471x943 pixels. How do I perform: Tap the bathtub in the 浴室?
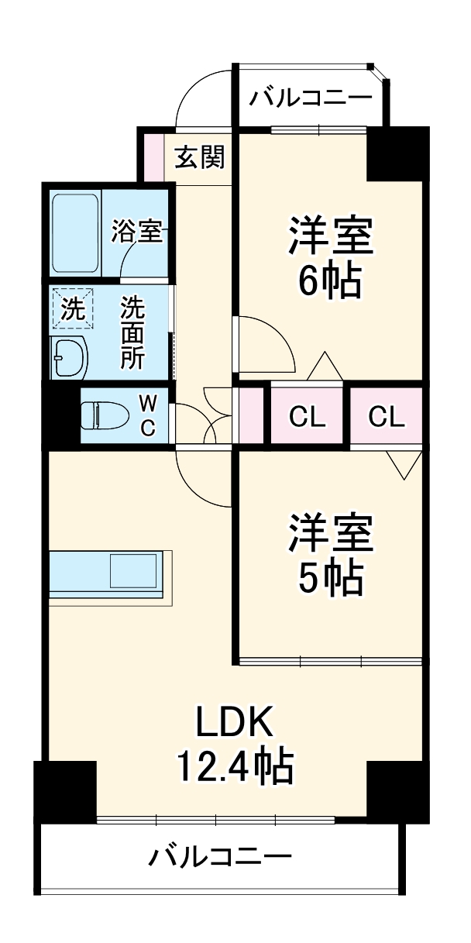click(x=75, y=233)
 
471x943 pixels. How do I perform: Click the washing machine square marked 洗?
click(x=72, y=310)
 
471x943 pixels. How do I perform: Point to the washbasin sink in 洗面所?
click(x=69, y=357)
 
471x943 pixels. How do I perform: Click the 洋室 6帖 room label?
click(x=331, y=258)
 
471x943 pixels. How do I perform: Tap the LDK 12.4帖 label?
click(x=234, y=744)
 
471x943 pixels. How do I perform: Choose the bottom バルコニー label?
click(x=221, y=857)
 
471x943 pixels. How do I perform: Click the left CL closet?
click(x=308, y=417)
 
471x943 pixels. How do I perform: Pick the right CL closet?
click(x=387, y=417)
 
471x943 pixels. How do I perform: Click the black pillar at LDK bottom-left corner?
click(x=65, y=790)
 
